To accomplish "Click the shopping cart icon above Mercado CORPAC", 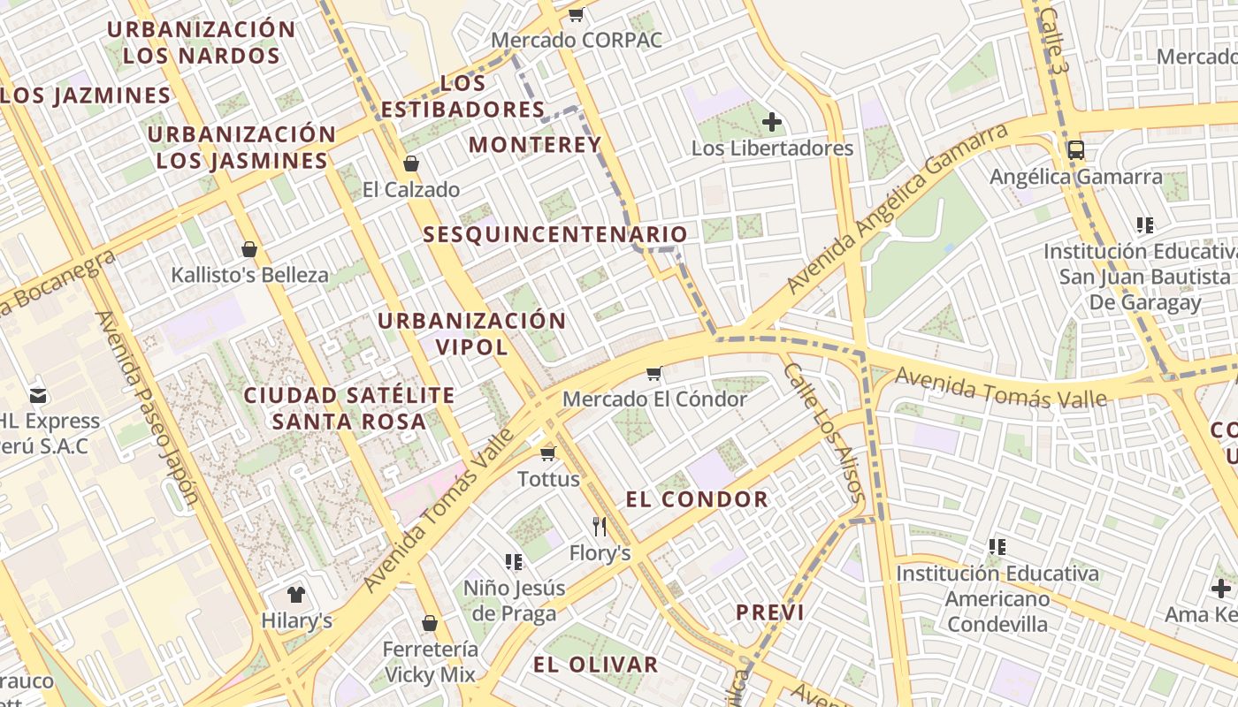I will tap(577, 14).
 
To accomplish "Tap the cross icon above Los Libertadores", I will tap(772, 122).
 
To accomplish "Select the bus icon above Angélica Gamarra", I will tap(1075, 149).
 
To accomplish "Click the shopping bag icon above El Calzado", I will tap(411, 163).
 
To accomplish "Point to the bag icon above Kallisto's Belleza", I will tap(249, 249).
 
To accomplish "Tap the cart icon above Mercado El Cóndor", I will tap(654, 373).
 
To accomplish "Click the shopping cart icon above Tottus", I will tap(548, 453).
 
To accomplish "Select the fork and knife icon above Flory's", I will tap(600, 527).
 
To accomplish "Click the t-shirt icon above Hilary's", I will tap(296, 594).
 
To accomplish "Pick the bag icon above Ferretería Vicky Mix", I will tap(430, 623).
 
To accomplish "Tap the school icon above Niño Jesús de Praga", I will tap(513, 561).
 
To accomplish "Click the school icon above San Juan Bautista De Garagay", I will tap(1145, 225).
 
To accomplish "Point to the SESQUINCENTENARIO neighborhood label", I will tap(555, 234).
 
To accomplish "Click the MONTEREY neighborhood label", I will tap(535, 144).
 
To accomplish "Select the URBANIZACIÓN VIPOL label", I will tap(472, 333).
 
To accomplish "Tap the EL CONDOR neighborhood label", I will tap(697, 499).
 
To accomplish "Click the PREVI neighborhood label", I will tap(770, 612).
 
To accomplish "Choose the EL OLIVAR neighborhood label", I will tap(596, 665).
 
